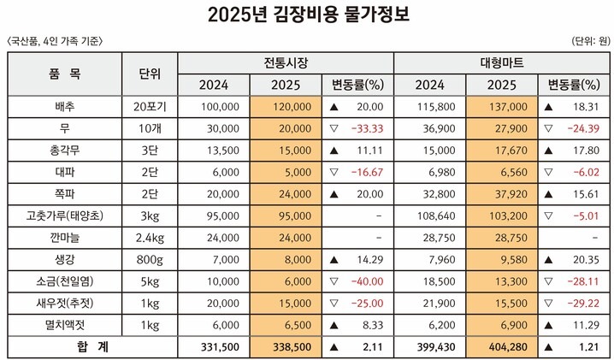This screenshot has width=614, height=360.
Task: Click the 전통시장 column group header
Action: tap(286, 63)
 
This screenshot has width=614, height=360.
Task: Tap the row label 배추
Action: tap(65, 106)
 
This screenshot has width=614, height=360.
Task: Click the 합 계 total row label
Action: tap(65, 347)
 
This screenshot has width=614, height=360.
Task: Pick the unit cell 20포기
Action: tap(151, 106)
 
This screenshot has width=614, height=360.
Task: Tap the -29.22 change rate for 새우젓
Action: tap(581, 302)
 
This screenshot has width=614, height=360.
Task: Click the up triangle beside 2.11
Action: tap(332, 347)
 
